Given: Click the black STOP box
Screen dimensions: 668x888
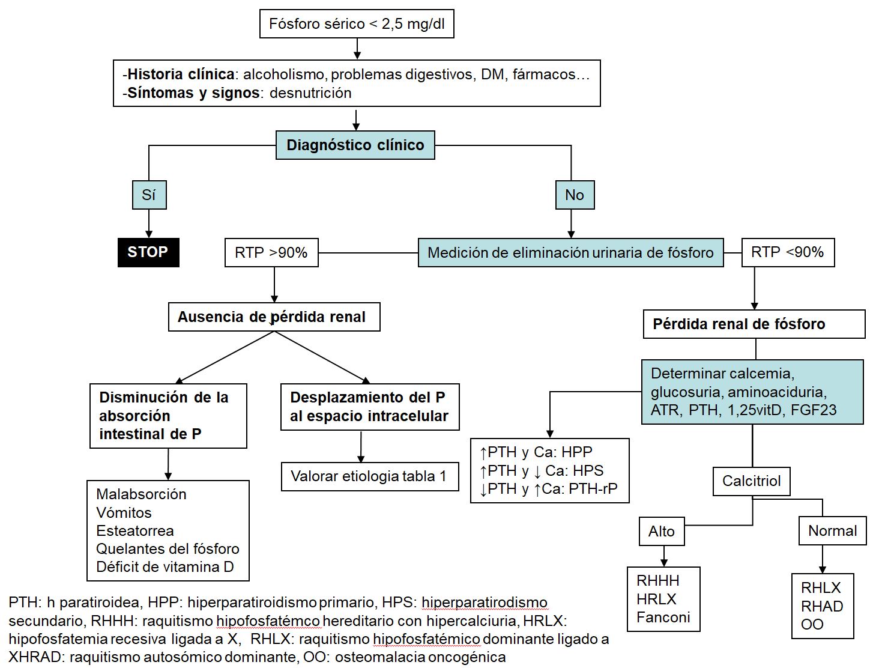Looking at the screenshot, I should pyautogui.click(x=148, y=252).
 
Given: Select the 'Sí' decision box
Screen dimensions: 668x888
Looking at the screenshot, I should pyautogui.click(x=149, y=195).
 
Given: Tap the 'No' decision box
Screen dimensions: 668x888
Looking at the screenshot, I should pyautogui.click(x=575, y=195).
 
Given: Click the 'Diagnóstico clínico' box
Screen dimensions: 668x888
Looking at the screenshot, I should pyautogui.click(x=355, y=145).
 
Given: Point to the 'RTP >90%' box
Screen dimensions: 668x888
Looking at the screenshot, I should pyautogui.click(x=271, y=252).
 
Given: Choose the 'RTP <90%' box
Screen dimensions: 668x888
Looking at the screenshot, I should pyautogui.click(x=788, y=252).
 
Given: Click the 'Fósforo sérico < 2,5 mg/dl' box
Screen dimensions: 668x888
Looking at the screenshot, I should pyautogui.click(x=357, y=24).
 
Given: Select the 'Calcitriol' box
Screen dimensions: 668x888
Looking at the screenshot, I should pyautogui.click(x=751, y=481).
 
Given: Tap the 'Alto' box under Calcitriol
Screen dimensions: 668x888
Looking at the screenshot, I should pyautogui.click(x=662, y=531).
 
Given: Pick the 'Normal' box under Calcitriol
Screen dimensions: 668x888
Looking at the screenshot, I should pyautogui.click(x=832, y=531).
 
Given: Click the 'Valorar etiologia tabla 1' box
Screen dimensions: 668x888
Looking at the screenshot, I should pyautogui.click(x=369, y=476).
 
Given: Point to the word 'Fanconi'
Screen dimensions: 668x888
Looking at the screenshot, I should pyautogui.click(x=663, y=618).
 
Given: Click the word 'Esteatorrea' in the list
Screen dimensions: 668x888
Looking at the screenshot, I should pyautogui.click(x=135, y=531).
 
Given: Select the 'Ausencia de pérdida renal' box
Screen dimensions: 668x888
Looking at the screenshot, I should pyautogui.click(x=274, y=317).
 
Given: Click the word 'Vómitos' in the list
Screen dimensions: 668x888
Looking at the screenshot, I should pyautogui.click(x=124, y=513).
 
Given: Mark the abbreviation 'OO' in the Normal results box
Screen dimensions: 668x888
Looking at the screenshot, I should pyautogui.click(x=812, y=625).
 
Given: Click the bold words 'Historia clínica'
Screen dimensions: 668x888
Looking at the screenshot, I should pyautogui.click(x=181, y=74).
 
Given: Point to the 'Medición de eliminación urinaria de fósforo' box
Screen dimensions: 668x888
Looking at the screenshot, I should pyautogui.click(x=570, y=253).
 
